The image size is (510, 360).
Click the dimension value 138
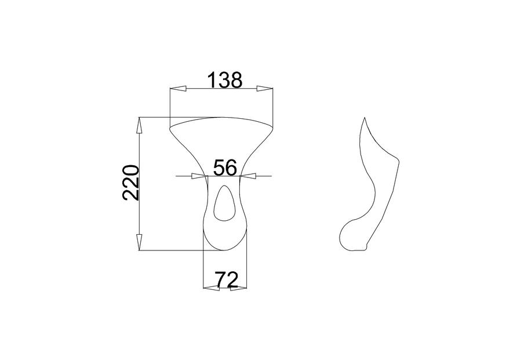225,80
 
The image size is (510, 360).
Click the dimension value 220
131,183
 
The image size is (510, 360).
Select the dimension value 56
225,168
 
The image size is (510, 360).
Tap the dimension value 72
227,279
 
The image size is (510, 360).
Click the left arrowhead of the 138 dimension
178,88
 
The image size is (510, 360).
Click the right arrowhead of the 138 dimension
265,88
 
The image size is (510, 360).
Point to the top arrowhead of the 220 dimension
139,125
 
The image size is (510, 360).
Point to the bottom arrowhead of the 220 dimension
139,242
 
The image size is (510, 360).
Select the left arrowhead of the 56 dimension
199,176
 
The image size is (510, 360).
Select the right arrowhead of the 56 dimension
247,176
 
